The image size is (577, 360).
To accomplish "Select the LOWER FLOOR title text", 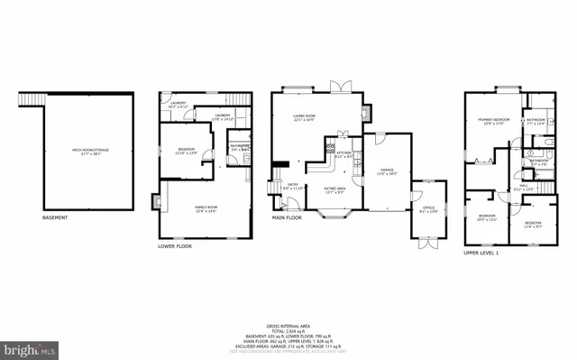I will coord(174,246).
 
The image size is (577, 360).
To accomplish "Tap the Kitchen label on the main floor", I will coord(343,154).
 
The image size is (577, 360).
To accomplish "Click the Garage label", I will coord(388,171).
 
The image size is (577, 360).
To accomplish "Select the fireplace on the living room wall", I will coord(366,114).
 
